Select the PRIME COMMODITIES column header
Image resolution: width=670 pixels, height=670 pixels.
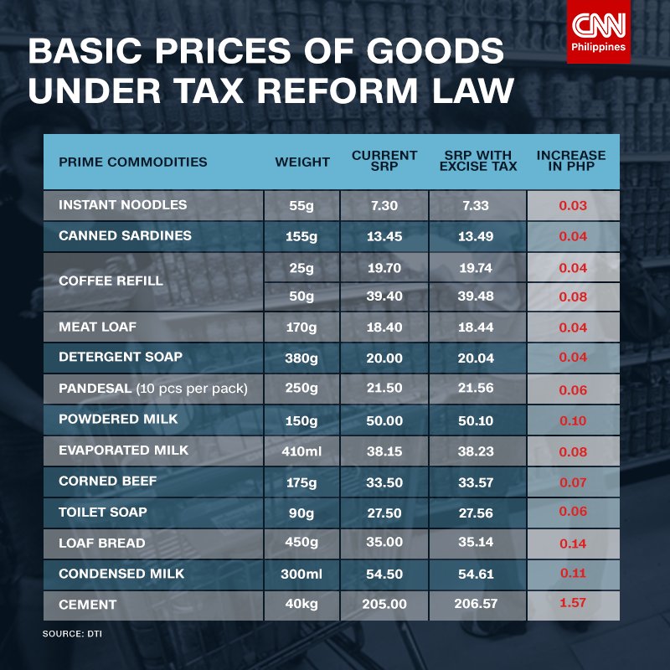[132, 162]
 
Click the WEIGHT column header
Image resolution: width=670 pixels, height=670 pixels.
[302, 162]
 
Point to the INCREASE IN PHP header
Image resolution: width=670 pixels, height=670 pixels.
[571, 161]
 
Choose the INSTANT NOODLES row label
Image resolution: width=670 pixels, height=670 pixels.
[122, 205]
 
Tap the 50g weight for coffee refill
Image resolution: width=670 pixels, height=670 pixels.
[302, 296]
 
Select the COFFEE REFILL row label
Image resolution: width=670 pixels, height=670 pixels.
[111, 281]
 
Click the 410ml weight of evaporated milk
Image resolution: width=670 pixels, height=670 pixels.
[302, 451]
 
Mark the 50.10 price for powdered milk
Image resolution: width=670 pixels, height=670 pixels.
[477, 420]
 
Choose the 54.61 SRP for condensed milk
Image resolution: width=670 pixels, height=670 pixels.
[477, 574]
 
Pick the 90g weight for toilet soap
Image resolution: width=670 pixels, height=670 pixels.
[302, 512]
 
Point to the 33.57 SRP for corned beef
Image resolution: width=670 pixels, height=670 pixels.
[477, 482]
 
